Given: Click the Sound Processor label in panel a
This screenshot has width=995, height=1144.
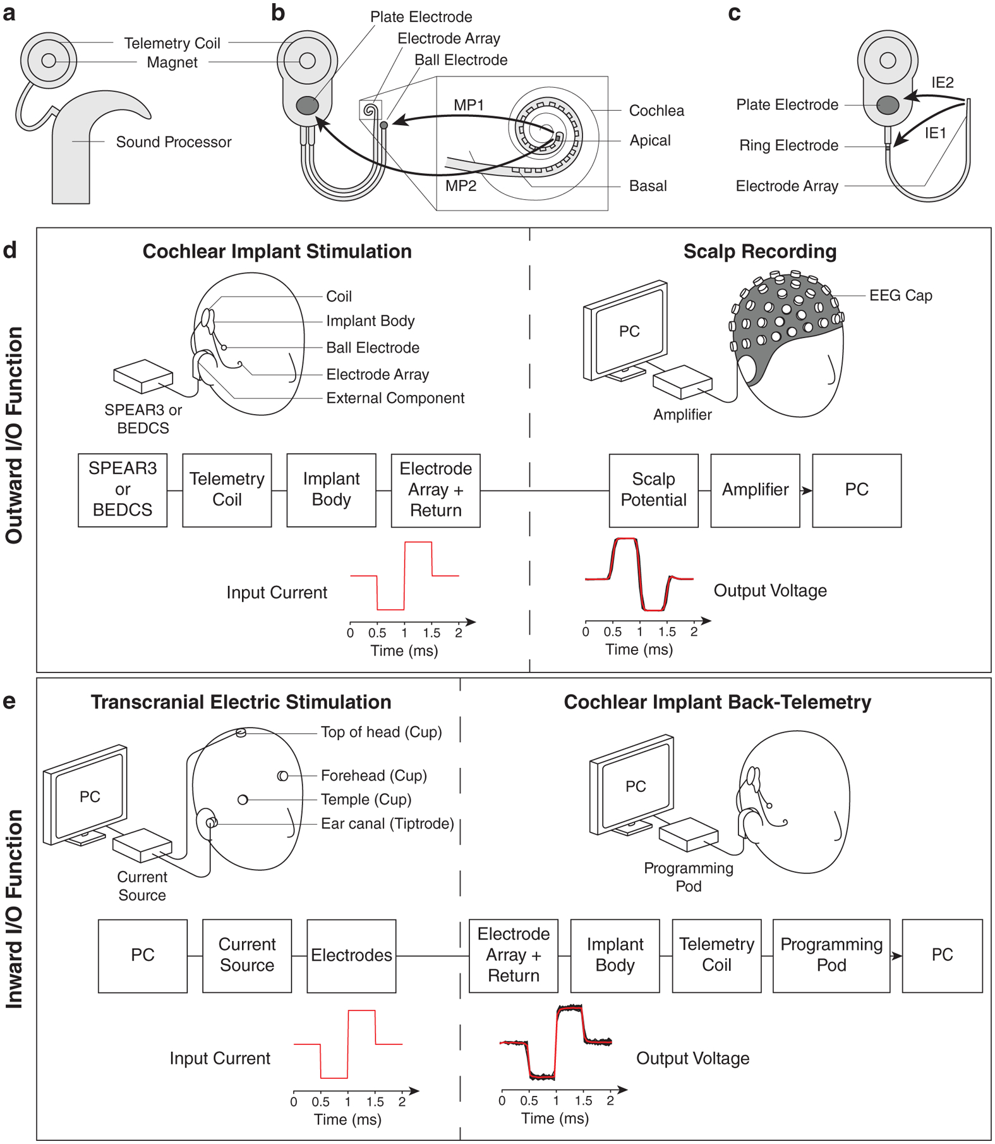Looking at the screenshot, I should point(174,142).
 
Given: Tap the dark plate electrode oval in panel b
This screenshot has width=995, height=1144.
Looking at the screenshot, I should point(308,105).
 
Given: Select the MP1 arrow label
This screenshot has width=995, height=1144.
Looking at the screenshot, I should point(468,105).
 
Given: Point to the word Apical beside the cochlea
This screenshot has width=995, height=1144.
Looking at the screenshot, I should point(649,141).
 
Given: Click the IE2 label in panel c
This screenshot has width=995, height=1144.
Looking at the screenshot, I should point(942,83).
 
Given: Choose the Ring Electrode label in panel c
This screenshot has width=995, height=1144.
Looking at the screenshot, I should point(788,146).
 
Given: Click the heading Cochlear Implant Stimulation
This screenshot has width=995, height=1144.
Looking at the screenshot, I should point(277,252).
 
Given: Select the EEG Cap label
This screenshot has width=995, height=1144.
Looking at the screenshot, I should point(900,296).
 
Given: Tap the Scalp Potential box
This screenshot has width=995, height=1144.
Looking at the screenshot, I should point(653,490).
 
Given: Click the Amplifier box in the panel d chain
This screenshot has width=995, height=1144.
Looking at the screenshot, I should point(755,490).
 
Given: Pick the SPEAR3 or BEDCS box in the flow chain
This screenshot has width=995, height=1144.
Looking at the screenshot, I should point(123,490).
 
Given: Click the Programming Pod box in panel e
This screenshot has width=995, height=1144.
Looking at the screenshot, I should point(831,955).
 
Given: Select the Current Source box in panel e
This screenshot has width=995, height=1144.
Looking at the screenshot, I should point(247,955).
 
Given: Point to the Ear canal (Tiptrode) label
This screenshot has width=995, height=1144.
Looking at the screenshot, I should point(387,824).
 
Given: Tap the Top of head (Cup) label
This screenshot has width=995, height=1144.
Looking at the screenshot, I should point(381,733).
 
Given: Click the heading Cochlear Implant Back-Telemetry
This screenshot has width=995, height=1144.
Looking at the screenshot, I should point(717,702).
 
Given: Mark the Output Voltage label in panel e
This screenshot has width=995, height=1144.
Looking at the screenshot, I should point(692,1059).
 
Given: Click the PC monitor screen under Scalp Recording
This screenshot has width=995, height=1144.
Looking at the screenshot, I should point(629,332).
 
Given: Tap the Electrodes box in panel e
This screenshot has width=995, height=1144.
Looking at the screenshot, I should point(351,955).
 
